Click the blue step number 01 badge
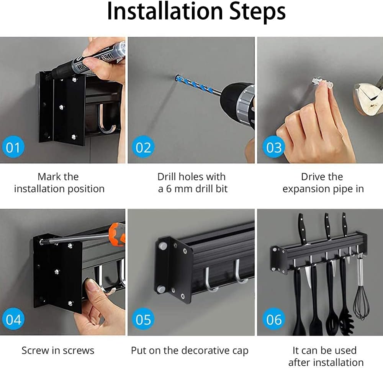(x=13, y=147)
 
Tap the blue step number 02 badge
(x=143, y=147)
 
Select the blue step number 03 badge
(x=273, y=147)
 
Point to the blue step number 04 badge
(x=13, y=319)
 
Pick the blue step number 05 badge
(x=143, y=319)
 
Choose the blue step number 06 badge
(x=273, y=319)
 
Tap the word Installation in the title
(x=165, y=11)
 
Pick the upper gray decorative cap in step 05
(x=163, y=246)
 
